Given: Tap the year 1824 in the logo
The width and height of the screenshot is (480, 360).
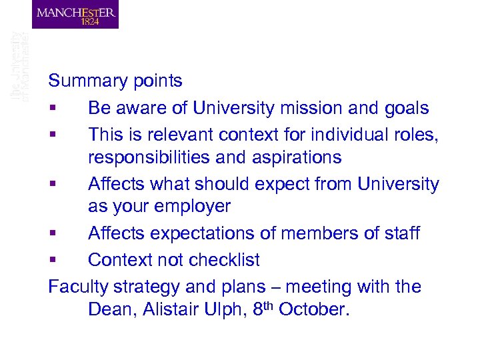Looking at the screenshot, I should [89, 21].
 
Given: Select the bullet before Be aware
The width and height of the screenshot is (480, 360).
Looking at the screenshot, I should [51, 109].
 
